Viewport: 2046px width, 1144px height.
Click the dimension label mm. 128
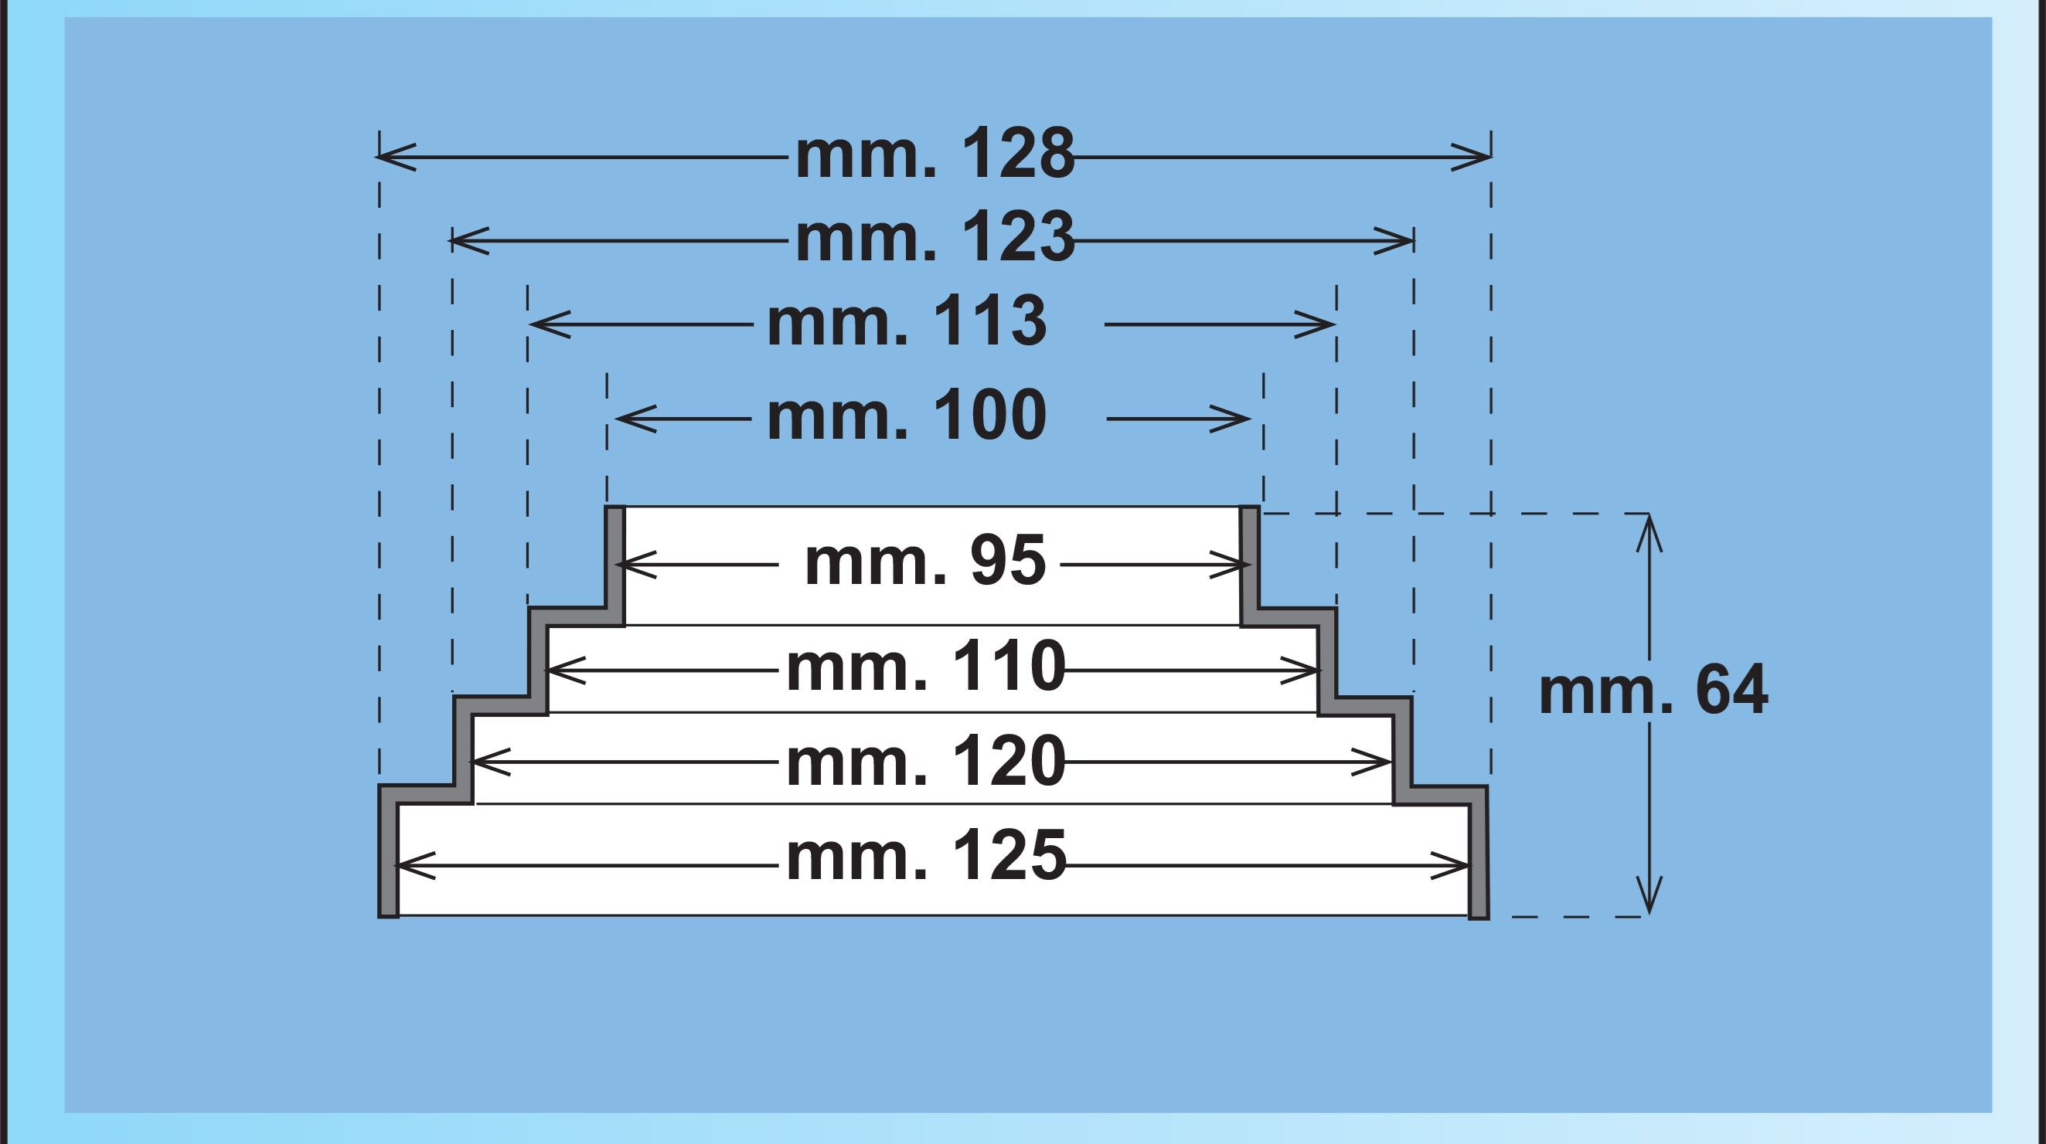(934, 155)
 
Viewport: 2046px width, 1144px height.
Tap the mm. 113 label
(907, 322)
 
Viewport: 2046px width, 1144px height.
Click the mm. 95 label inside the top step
(925, 563)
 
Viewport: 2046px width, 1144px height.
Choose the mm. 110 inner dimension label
(926, 669)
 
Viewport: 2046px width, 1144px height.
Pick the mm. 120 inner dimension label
(926, 762)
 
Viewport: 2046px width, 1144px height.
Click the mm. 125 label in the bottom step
(926, 858)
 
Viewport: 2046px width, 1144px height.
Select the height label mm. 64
(1653, 691)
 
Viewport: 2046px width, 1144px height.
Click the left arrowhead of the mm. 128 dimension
(396, 157)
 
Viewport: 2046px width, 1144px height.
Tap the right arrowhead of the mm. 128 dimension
(1471, 157)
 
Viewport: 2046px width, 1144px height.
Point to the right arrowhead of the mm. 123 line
(1394, 239)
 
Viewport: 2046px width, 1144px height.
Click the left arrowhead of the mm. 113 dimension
(550, 324)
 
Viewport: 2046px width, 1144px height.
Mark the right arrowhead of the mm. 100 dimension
(1231, 419)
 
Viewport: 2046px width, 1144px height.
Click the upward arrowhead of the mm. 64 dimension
(1649, 534)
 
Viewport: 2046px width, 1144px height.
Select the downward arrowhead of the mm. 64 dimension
(1649, 895)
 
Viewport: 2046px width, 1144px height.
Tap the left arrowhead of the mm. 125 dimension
(415, 865)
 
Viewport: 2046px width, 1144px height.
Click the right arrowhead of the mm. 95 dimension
(1231, 565)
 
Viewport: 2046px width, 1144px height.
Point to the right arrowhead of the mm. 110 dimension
(1299, 671)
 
